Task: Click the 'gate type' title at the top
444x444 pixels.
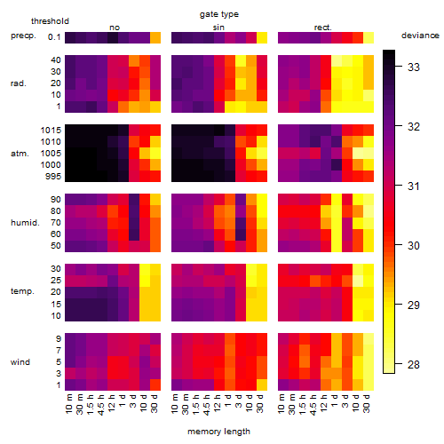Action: coord(219,14)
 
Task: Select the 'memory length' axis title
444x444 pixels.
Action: coord(218,432)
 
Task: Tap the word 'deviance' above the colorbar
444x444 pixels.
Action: coord(420,36)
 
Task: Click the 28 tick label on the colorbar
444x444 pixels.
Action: coord(414,364)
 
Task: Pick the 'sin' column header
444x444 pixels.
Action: coord(218,28)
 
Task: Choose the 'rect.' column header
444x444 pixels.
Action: coord(323,28)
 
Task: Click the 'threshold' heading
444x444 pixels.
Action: coord(50,21)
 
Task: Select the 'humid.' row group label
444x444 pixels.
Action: coord(25,223)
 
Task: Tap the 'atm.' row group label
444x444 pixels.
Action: coord(20,154)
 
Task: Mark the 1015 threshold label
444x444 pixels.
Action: coord(51,131)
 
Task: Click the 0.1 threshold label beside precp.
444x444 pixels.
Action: coord(54,37)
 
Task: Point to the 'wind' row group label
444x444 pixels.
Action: coord(20,362)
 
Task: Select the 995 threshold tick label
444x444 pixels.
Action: coord(53,177)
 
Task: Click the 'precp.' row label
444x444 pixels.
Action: coord(23,36)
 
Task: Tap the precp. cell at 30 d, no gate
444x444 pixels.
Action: coord(155,37)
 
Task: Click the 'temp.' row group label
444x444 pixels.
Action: coord(22,291)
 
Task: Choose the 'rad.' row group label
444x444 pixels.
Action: coord(19,83)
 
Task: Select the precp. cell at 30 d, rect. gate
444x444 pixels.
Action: coord(369,37)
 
